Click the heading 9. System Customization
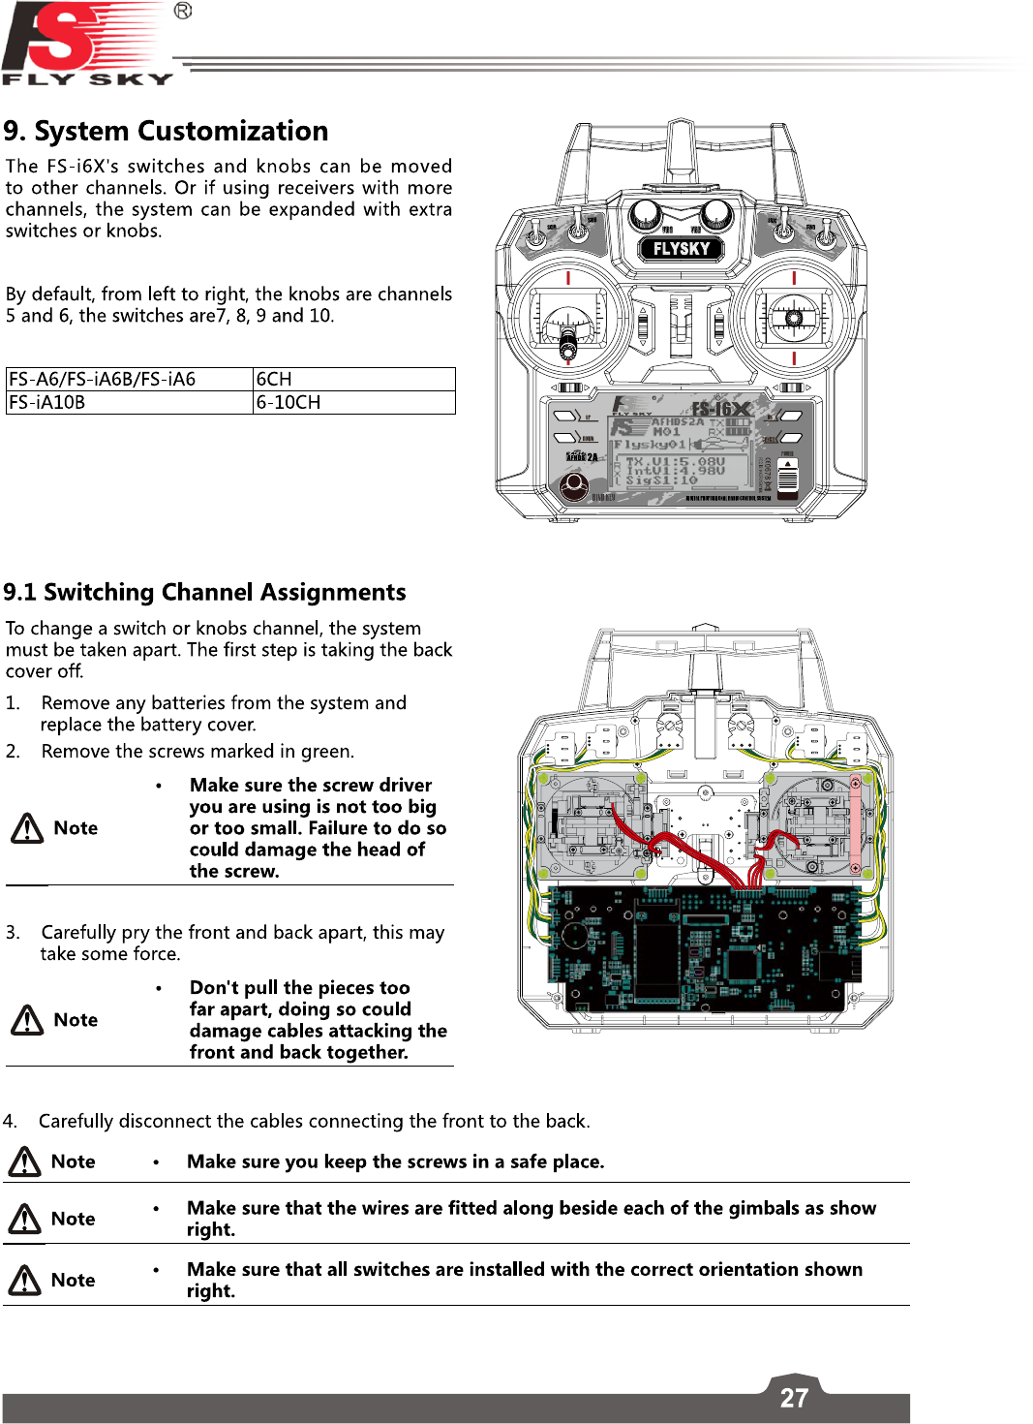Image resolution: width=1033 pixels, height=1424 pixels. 166,131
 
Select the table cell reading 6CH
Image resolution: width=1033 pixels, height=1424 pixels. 353,379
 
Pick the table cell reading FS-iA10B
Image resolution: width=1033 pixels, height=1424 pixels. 129,402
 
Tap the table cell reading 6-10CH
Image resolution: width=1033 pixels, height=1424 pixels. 353,402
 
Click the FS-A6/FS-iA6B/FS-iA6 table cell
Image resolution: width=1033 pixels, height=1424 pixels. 129,379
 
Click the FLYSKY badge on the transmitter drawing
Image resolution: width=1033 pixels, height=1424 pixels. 682,249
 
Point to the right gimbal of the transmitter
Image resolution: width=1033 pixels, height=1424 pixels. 794,317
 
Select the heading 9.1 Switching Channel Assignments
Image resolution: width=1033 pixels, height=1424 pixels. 204,592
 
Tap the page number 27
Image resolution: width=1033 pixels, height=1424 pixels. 794,1398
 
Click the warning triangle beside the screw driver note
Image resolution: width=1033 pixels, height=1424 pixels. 27,828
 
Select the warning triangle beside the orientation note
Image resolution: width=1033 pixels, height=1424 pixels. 24,1281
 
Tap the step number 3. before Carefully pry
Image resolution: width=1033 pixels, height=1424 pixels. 13,933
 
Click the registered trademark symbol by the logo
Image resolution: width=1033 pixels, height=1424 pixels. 183,11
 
